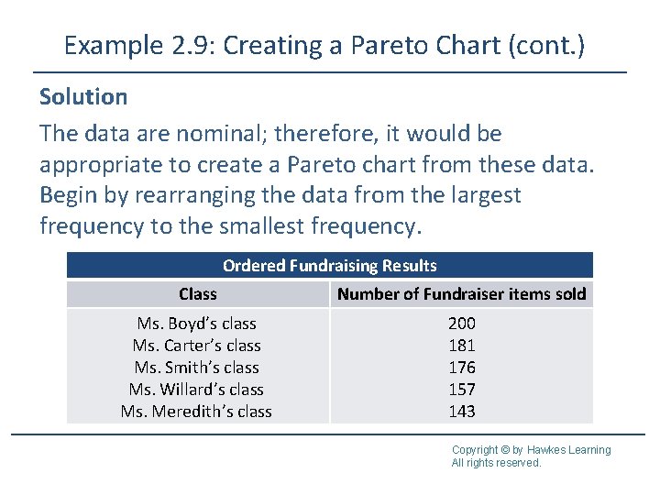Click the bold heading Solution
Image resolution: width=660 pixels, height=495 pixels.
tap(83, 96)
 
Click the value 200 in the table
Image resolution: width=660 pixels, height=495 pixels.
tap(461, 324)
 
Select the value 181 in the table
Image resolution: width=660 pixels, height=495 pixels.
tap(461, 346)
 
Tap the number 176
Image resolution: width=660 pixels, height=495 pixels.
tap(461, 368)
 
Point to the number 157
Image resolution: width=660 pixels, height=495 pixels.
tap(461, 390)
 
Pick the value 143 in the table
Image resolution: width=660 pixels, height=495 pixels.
tap(461, 412)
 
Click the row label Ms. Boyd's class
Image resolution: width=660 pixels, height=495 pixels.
tap(196, 324)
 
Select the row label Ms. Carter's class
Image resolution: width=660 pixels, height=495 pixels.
tap(196, 346)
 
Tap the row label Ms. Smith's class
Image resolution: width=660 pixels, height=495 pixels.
tap(196, 368)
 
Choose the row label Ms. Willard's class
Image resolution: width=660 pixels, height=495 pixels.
tap(196, 390)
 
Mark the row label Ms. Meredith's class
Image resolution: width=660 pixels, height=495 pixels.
tap(196, 412)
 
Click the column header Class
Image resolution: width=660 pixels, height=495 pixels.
tap(198, 294)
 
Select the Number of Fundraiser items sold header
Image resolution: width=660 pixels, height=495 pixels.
tap(461, 294)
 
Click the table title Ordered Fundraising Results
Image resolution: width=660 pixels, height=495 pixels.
tap(330, 266)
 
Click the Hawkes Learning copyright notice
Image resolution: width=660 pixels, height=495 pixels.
tap(531, 456)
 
